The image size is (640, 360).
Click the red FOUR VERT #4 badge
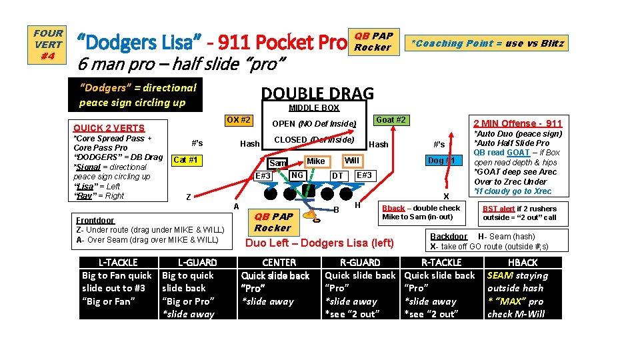point(48,44)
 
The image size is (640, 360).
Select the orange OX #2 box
point(238,120)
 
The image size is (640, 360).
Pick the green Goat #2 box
point(391,120)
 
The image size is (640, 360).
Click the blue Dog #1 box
point(441,161)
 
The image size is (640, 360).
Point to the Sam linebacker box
point(278,163)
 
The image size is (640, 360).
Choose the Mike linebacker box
point(316,161)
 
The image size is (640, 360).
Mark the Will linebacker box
point(351,161)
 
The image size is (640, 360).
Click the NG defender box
point(297,175)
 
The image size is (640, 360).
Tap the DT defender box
point(338,175)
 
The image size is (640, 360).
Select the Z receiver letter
point(189,197)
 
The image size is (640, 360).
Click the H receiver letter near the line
point(358,203)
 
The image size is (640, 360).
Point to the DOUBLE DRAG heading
point(317,94)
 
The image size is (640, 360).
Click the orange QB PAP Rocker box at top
point(373,41)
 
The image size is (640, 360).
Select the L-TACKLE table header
point(118,263)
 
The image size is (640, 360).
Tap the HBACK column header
point(523,263)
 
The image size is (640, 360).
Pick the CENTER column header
point(279,263)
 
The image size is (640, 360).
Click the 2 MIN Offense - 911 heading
point(517,123)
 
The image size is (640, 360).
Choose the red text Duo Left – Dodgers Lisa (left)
point(319,243)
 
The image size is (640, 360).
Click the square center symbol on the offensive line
point(307,191)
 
